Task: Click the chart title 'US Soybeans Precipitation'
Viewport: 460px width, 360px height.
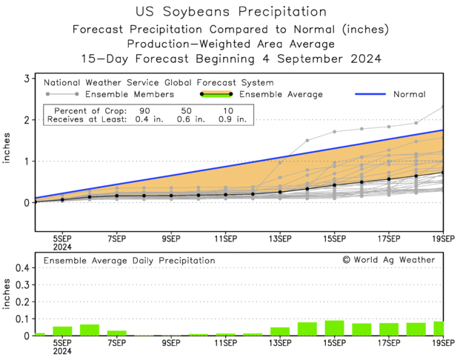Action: (231, 12)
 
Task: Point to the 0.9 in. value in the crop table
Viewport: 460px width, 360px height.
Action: (232, 119)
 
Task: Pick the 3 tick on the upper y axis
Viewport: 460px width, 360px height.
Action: (27, 79)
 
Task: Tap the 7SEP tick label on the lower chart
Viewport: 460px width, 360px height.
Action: (116, 342)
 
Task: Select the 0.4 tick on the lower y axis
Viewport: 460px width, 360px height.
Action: (21, 267)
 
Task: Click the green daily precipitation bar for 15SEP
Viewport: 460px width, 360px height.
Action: (334, 328)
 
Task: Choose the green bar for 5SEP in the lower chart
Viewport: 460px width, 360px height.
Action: (62, 331)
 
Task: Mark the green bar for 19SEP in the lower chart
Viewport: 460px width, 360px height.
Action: (439, 329)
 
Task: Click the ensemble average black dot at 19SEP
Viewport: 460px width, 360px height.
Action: (443, 173)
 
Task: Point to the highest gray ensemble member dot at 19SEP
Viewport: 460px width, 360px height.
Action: (443, 107)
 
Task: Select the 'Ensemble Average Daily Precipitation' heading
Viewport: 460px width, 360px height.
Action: (130, 261)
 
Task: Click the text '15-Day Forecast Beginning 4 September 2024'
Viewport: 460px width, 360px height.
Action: (231, 58)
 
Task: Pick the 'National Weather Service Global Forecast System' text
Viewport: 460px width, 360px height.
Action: (159, 82)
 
